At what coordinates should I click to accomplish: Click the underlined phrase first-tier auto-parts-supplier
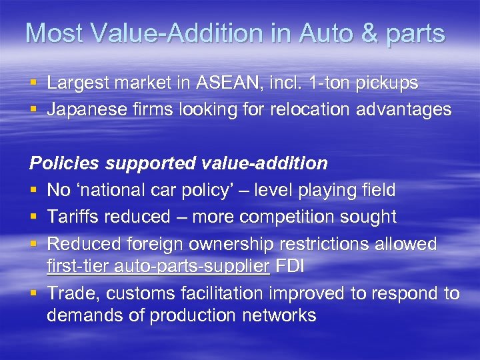point(158,267)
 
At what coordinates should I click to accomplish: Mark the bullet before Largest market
point(33,84)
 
